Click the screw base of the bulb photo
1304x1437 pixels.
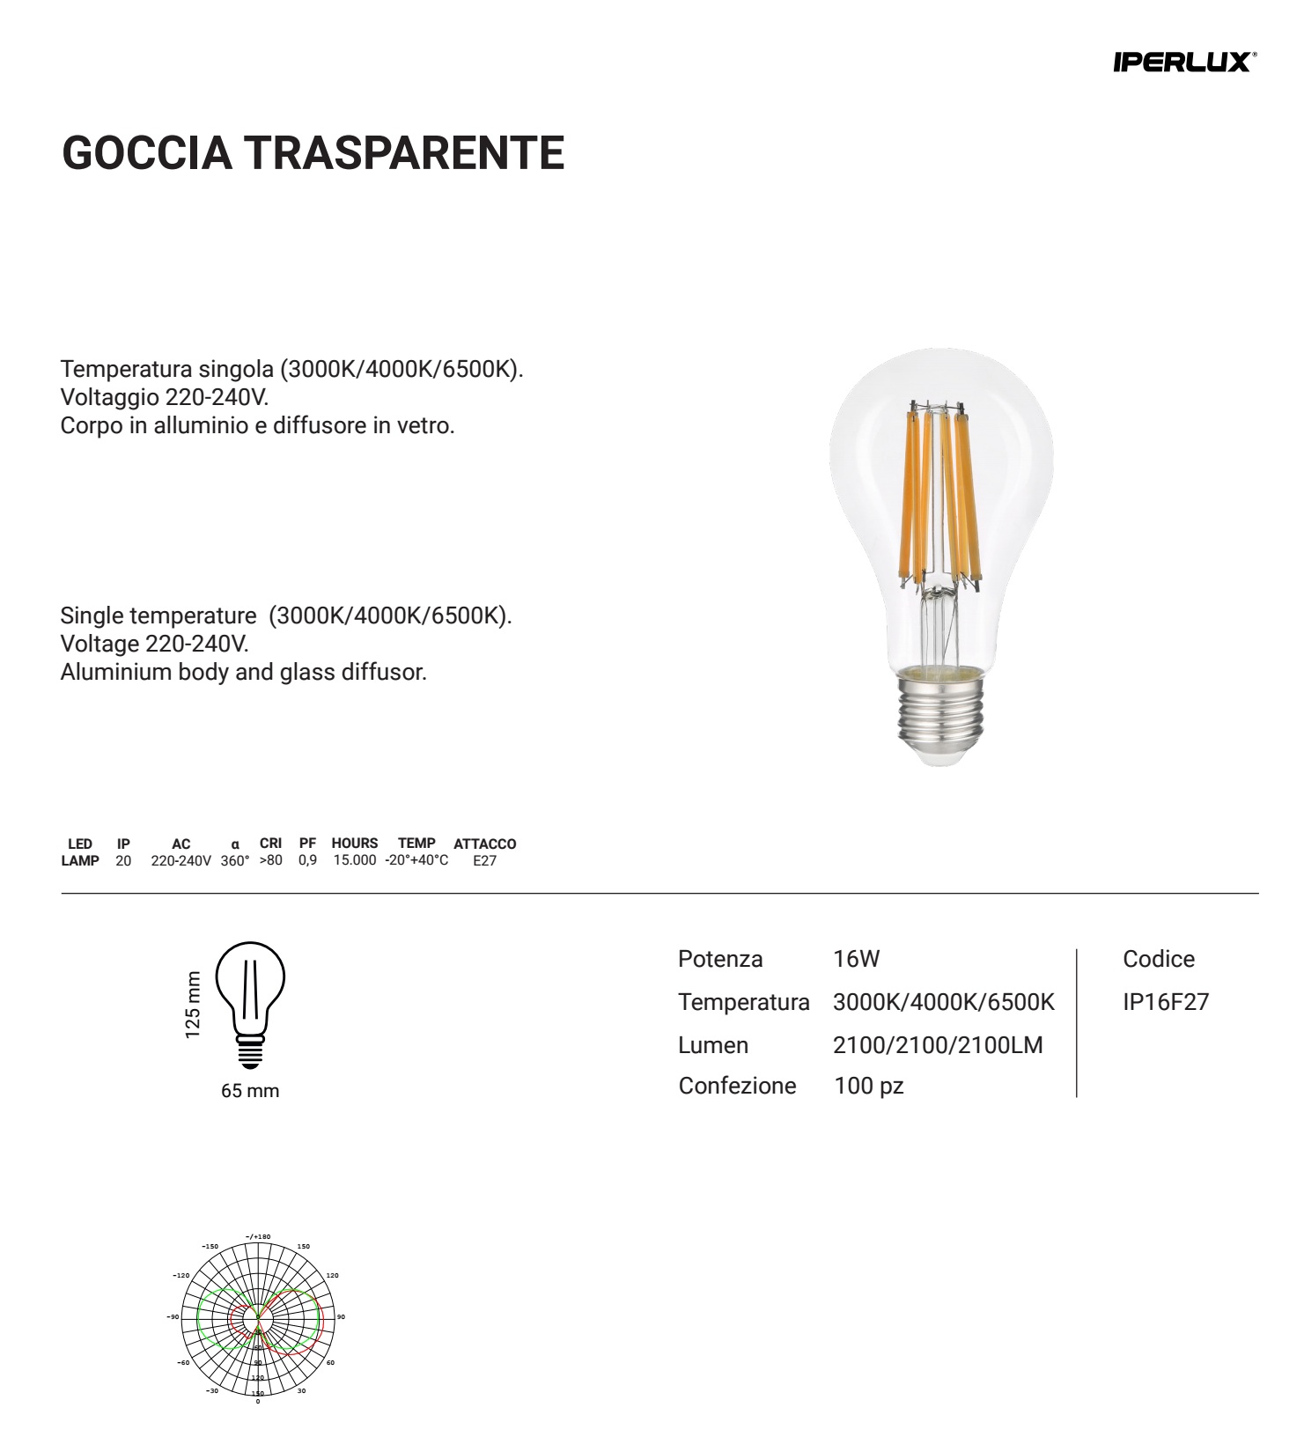939,714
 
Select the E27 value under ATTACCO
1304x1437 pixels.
484,861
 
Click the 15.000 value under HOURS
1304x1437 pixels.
354,860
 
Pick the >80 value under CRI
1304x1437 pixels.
270,860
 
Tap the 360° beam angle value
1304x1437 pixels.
235,861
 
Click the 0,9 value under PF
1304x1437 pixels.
307,860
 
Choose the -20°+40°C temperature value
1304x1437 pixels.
416,860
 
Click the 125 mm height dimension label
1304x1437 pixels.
193,1005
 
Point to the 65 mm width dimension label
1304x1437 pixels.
250,1091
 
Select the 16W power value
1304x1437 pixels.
856,959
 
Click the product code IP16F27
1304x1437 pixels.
1166,1002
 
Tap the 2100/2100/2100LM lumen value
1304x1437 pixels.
938,1045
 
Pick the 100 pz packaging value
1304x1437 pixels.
868,1086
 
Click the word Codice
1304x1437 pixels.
1159,959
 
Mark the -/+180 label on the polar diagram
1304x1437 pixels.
258,1237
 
